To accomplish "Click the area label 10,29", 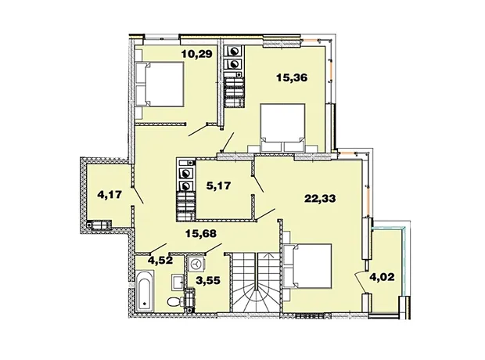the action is [197, 54].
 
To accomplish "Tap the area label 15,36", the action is [292, 77].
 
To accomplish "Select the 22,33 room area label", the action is [320, 199].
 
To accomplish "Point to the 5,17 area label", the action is [219, 185].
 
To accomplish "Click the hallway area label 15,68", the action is [201, 234].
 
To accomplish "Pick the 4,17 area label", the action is [110, 195].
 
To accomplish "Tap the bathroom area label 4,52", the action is [160, 261].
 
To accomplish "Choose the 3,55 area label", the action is [208, 280].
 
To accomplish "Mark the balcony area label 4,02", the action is [383, 277].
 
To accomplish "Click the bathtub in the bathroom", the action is [145, 290].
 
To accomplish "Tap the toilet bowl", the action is [173, 301].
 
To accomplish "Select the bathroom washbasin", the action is [178, 282].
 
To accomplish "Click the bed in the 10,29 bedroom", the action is [160, 85].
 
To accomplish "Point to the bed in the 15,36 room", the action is [282, 128].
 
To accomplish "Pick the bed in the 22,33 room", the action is [307, 266].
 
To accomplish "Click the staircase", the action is [257, 283].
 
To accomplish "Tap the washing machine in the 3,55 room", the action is [196, 264].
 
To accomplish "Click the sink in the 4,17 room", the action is [99, 225].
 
